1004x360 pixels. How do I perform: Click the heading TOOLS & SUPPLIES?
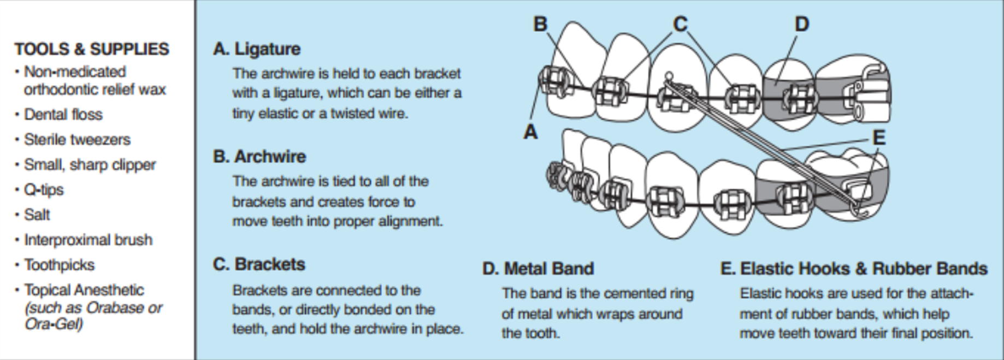(x=92, y=49)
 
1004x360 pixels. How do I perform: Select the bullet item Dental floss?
(x=63, y=114)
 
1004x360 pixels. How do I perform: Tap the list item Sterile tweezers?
(x=77, y=139)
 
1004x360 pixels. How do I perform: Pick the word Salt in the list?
(x=37, y=215)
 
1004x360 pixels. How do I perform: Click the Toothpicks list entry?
(x=59, y=265)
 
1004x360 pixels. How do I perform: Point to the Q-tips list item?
(x=44, y=190)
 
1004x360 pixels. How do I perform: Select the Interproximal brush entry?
(x=88, y=240)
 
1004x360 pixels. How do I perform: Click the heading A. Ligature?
(x=257, y=49)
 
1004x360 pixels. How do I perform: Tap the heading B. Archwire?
(x=259, y=157)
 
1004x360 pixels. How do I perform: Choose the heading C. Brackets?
(x=259, y=264)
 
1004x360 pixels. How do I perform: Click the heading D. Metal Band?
(x=538, y=269)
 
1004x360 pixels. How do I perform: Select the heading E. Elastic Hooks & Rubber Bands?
(x=854, y=269)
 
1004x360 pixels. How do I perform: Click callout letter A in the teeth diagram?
(x=530, y=132)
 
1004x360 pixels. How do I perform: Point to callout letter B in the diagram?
(x=540, y=24)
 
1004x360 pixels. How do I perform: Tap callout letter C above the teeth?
(x=680, y=24)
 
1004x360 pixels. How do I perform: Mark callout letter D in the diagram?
(x=801, y=24)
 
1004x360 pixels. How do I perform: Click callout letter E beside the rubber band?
(x=879, y=137)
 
